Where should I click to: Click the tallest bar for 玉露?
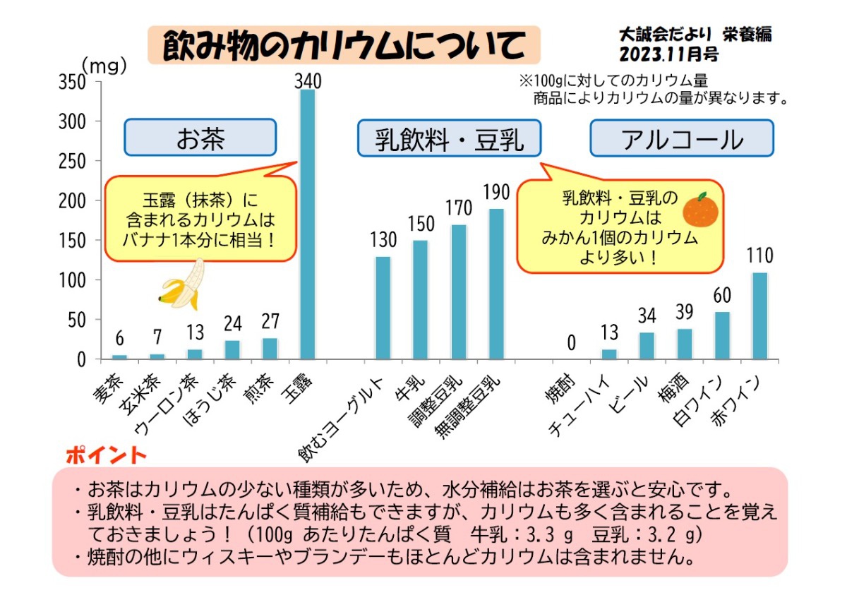[308, 224]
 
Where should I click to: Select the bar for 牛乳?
[420, 300]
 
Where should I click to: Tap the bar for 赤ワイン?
[759, 316]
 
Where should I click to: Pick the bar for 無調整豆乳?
[497, 284]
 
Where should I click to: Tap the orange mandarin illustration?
[701, 209]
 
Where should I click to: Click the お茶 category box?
[200, 138]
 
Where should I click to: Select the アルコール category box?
[682, 138]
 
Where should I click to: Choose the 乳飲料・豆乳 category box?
[449, 138]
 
